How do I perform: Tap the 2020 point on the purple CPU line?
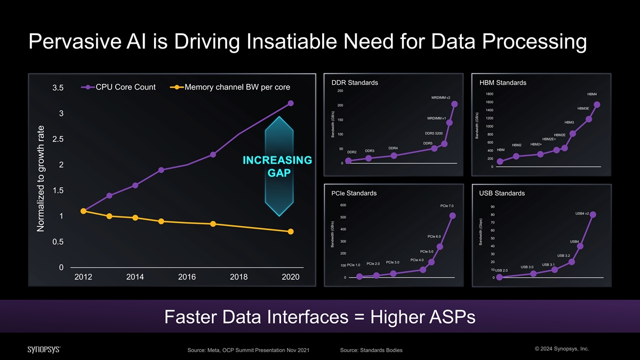pos(291,103)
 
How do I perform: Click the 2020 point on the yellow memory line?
pos(291,231)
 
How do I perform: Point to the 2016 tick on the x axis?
pos(187,277)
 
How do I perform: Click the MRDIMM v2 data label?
pos(441,98)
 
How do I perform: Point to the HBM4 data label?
pos(592,94)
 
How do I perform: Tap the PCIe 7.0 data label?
pos(447,206)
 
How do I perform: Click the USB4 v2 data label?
pos(582,214)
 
